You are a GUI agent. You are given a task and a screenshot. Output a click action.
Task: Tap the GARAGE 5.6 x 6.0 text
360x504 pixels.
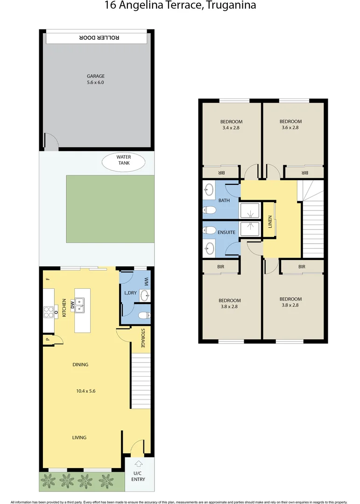[x=96, y=79]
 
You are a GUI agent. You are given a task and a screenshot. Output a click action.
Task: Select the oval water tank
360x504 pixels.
[x=124, y=161]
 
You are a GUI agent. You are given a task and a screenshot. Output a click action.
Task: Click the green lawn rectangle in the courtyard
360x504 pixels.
[x=110, y=209]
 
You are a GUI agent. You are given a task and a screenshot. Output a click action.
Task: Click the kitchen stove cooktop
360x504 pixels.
[x=48, y=311]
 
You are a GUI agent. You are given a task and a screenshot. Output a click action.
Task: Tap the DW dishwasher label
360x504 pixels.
[x=72, y=305]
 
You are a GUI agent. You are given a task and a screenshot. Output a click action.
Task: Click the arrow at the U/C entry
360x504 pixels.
[x=138, y=464]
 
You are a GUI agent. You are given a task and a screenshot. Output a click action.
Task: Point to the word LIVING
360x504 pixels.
[x=79, y=437]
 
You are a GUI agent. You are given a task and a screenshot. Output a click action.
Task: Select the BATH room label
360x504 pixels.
[x=224, y=201]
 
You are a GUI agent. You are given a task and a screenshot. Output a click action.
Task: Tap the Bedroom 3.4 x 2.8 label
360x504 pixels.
[x=232, y=124]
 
